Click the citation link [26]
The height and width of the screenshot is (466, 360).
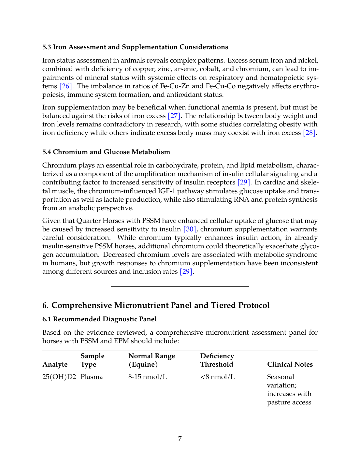pos(65,86)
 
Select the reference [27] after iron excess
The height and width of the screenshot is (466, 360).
pos(174,116)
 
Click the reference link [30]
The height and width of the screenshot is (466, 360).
pos(190,229)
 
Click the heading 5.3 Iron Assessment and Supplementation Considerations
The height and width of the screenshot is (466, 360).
pos(135,47)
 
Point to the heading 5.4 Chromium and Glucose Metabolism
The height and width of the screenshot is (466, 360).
pos(106,152)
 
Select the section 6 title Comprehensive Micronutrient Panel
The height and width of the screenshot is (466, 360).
pos(156,305)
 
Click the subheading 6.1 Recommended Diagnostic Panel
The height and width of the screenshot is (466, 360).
pos(99,319)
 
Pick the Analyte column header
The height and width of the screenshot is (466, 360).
pos(55,365)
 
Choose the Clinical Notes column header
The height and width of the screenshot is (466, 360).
pos(290,365)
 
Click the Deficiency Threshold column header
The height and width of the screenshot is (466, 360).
pos(217,360)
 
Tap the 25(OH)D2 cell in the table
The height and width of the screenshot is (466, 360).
pos(59,377)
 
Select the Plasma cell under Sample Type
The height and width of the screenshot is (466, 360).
pos(92,377)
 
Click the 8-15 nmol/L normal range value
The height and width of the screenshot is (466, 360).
pos(148,377)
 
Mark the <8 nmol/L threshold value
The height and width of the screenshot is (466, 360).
pos(218,377)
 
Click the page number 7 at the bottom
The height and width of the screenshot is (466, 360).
pos(180,439)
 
